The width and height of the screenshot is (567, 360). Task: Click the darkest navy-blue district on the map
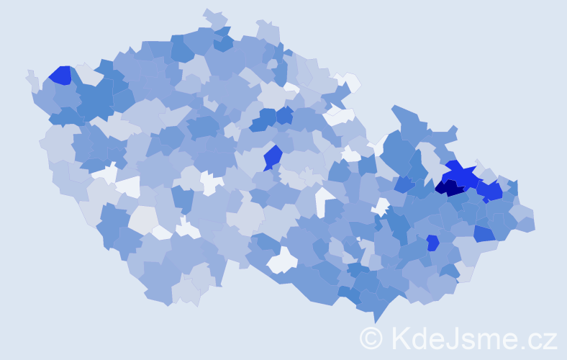pos(450,189)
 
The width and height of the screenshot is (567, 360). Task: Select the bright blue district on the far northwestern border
pos(60,75)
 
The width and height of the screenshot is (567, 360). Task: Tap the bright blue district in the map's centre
pos(272,156)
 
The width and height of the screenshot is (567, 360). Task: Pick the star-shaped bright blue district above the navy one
pos(461,174)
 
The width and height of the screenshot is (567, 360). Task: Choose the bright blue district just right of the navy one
pos(490,192)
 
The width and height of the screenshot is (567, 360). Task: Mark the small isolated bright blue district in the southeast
pos(432,243)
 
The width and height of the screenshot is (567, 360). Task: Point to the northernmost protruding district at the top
pos(214,17)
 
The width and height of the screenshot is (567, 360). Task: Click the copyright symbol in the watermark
pos(371,338)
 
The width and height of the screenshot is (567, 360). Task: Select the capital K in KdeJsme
pos(400,338)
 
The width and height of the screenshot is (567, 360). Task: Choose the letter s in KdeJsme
pos(467,340)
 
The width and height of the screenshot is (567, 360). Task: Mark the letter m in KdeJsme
pos(489,340)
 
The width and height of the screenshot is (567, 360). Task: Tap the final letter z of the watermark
pos(550,340)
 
